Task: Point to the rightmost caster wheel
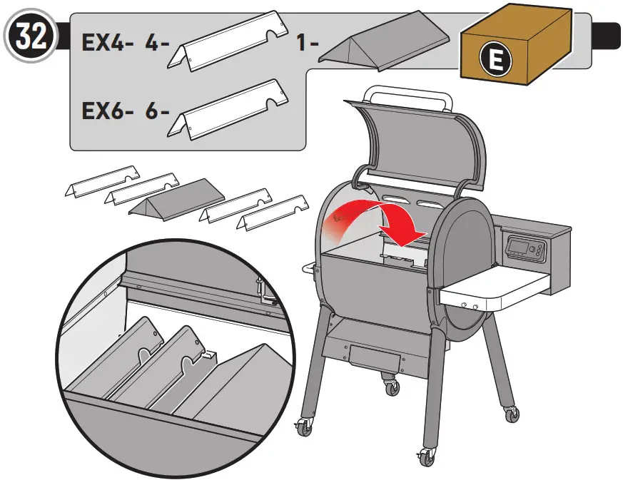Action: [x=510, y=414]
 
